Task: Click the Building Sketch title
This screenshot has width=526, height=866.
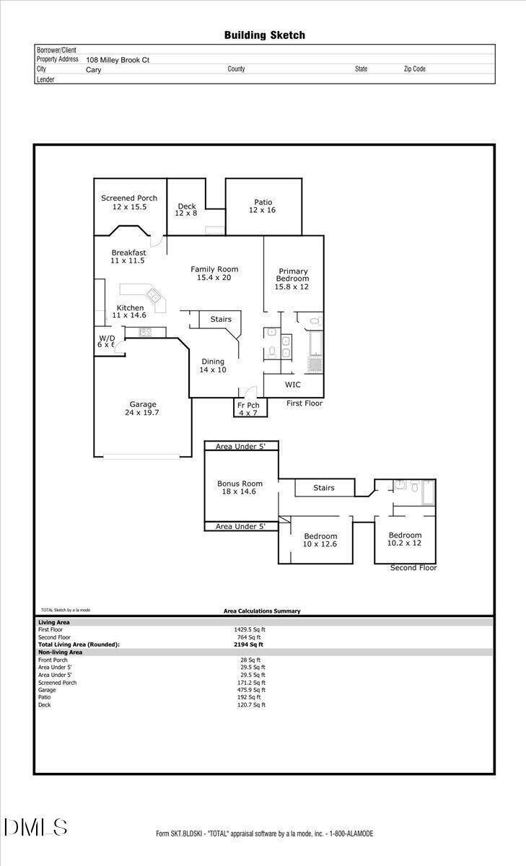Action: click(264, 35)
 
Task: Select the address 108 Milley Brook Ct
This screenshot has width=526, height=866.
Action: click(118, 61)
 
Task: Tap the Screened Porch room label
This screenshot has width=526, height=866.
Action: click(129, 203)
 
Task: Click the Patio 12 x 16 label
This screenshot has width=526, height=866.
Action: click(263, 206)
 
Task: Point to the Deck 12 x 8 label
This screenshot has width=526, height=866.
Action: click(187, 210)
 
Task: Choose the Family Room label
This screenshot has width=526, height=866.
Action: click(214, 274)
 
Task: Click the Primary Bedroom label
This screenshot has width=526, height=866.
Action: click(292, 279)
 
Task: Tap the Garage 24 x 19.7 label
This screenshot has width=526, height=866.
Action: click(143, 409)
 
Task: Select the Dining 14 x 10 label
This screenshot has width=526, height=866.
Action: click(213, 366)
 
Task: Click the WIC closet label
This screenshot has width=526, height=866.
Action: click(292, 385)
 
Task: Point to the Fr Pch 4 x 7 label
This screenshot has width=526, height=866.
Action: click(248, 409)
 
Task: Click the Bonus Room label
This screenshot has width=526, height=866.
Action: click(240, 487)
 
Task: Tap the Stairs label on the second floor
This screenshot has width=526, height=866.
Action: click(324, 488)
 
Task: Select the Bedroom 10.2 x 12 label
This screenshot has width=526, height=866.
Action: click(404, 539)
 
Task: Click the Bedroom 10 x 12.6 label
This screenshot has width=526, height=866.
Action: click(320, 540)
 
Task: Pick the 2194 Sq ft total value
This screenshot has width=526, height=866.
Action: click(249, 644)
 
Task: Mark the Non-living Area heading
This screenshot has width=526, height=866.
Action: click(61, 652)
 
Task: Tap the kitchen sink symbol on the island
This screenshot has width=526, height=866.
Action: click(154, 295)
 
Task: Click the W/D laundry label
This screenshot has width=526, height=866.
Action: click(106, 341)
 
